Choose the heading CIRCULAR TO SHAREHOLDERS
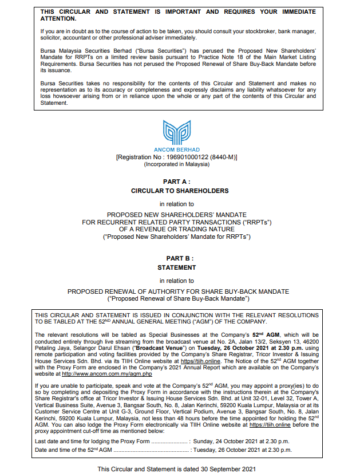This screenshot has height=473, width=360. [179, 191]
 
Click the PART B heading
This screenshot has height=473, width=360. [179, 259]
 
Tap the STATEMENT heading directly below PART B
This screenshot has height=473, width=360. [179, 267]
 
